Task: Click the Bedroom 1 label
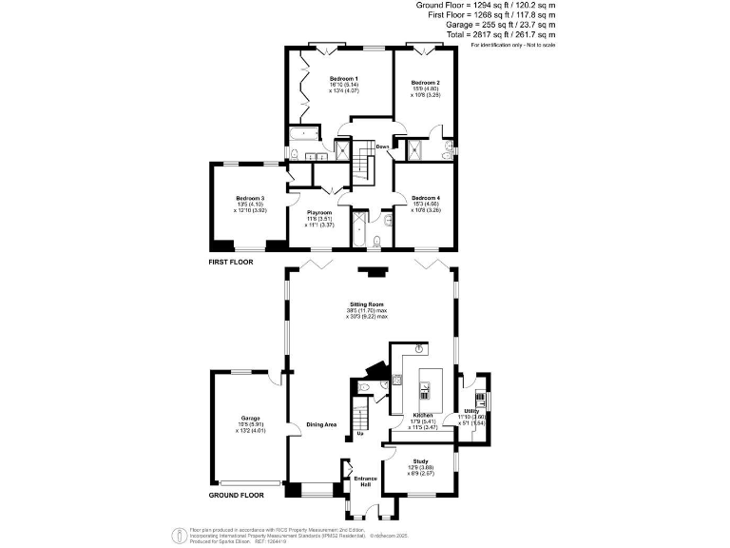[x=343, y=78]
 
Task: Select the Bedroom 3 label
[x=250, y=198]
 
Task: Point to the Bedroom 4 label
[x=425, y=197]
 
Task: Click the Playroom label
[x=319, y=212]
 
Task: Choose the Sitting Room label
[x=371, y=304]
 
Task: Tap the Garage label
[x=251, y=418]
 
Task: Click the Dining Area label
[x=321, y=424]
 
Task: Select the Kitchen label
[x=423, y=416]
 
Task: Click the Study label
[x=419, y=460]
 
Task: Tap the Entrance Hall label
[x=366, y=481]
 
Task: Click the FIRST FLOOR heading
[x=231, y=260]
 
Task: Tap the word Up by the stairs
[x=360, y=435]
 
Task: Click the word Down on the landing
[x=382, y=147]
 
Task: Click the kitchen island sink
[x=424, y=387]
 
